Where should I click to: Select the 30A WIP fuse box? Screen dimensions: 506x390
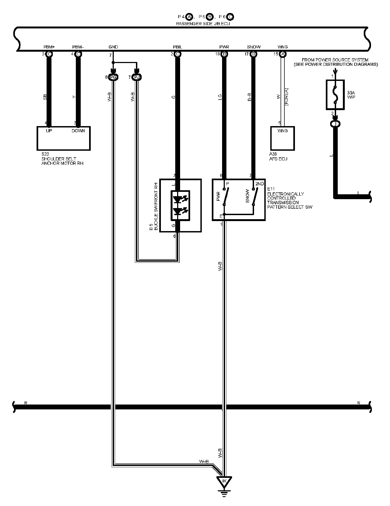[x=335, y=95]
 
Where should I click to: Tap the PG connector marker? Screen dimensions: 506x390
[x=113, y=78]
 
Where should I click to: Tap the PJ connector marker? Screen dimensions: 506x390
[x=137, y=78]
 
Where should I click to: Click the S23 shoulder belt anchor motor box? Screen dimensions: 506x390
[x=63, y=138]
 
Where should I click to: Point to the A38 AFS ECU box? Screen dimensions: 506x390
[x=282, y=138]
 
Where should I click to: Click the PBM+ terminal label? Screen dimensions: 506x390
[x=49, y=47]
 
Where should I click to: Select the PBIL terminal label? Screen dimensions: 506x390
[x=177, y=47]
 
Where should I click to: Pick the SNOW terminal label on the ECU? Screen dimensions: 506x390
[x=253, y=47]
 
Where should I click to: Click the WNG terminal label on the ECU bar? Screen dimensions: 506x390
[x=282, y=47]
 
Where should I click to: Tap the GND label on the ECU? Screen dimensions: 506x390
[x=113, y=47]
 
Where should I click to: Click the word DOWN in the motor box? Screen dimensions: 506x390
[x=78, y=131]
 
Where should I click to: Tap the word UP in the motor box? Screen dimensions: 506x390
[x=49, y=131]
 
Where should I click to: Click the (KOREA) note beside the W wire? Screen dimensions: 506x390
[x=287, y=97]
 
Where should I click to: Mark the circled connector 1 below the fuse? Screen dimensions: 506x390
[x=336, y=124]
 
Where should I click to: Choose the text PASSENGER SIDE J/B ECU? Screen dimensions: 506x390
[x=203, y=24]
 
